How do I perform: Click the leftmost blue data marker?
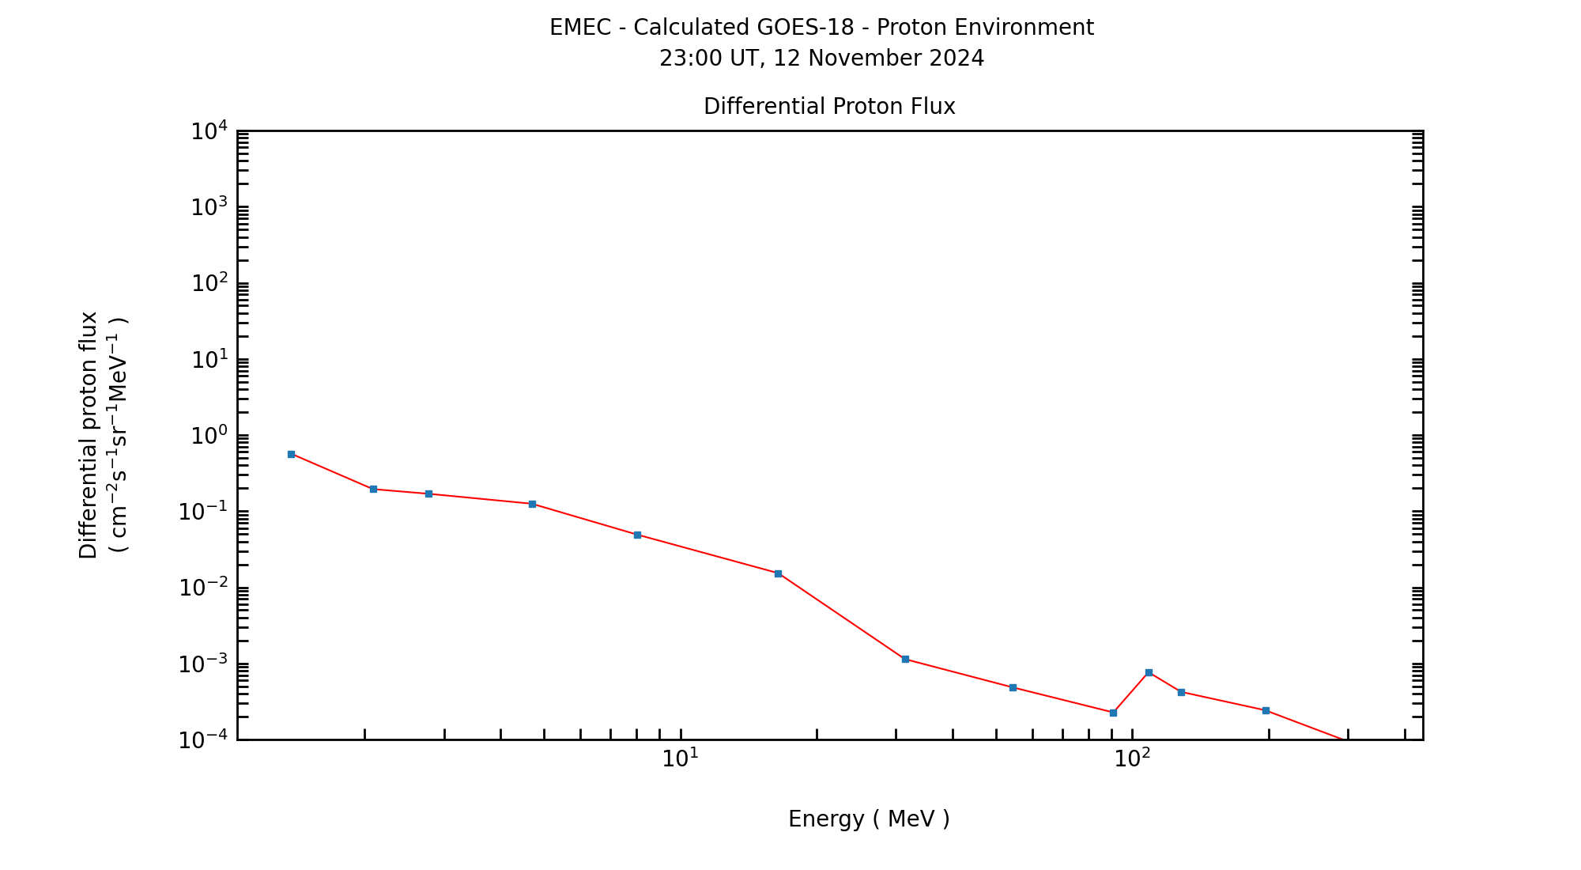tap(291, 454)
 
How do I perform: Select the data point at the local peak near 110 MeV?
tap(1149, 672)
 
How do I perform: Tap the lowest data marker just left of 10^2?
tap(1113, 713)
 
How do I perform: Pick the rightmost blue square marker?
tap(1266, 710)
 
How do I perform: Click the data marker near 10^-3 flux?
tap(905, 659)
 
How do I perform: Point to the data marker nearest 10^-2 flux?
tap(778, 573)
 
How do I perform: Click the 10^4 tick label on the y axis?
tap(209, 130)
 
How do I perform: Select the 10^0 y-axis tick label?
tap(209, 436)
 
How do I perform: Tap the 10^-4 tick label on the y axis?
tap(204, 740)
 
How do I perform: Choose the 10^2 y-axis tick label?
tap(209, 283)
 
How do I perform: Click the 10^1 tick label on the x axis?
tap(681, 758)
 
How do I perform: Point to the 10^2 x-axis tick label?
tap(1133, 758)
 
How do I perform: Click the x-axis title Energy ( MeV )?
tap(869, 819)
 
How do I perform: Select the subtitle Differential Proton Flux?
tap(829, 106)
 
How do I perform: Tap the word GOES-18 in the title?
tap(806, 28)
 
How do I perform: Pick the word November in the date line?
tap(862, 59)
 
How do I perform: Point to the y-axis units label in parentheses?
tap(119, 435)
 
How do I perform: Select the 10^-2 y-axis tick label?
tap(204, 588)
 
